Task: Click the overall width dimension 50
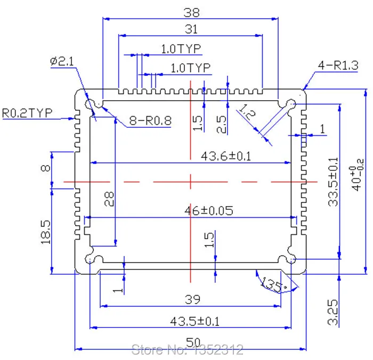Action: tap(193, 342)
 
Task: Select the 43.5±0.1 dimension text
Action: tap(194, 322)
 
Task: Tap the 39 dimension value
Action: tap(192, 300)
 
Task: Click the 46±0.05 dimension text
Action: tap(209, 211)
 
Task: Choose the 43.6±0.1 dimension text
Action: tap(226, 156)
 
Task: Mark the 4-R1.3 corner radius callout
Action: tap(338, 65)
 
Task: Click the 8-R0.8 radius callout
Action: tap(150, 120)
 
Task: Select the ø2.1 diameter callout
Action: tap(62, 61)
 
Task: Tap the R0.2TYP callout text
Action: tap(27, 113)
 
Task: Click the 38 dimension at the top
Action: tap(191, 12)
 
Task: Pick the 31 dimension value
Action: tap(191, 29)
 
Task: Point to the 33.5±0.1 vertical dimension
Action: tap(333, 182)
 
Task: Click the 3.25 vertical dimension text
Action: tap(333, 312)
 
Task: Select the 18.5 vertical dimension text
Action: tap(46, 232)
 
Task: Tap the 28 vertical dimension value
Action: tap(109, 199)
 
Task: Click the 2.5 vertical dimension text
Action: tap(221, 124)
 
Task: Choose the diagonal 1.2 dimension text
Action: tap(247, 111)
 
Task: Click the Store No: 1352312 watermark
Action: tap(187, 350)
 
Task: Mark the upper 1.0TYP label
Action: tap(181, 49)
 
